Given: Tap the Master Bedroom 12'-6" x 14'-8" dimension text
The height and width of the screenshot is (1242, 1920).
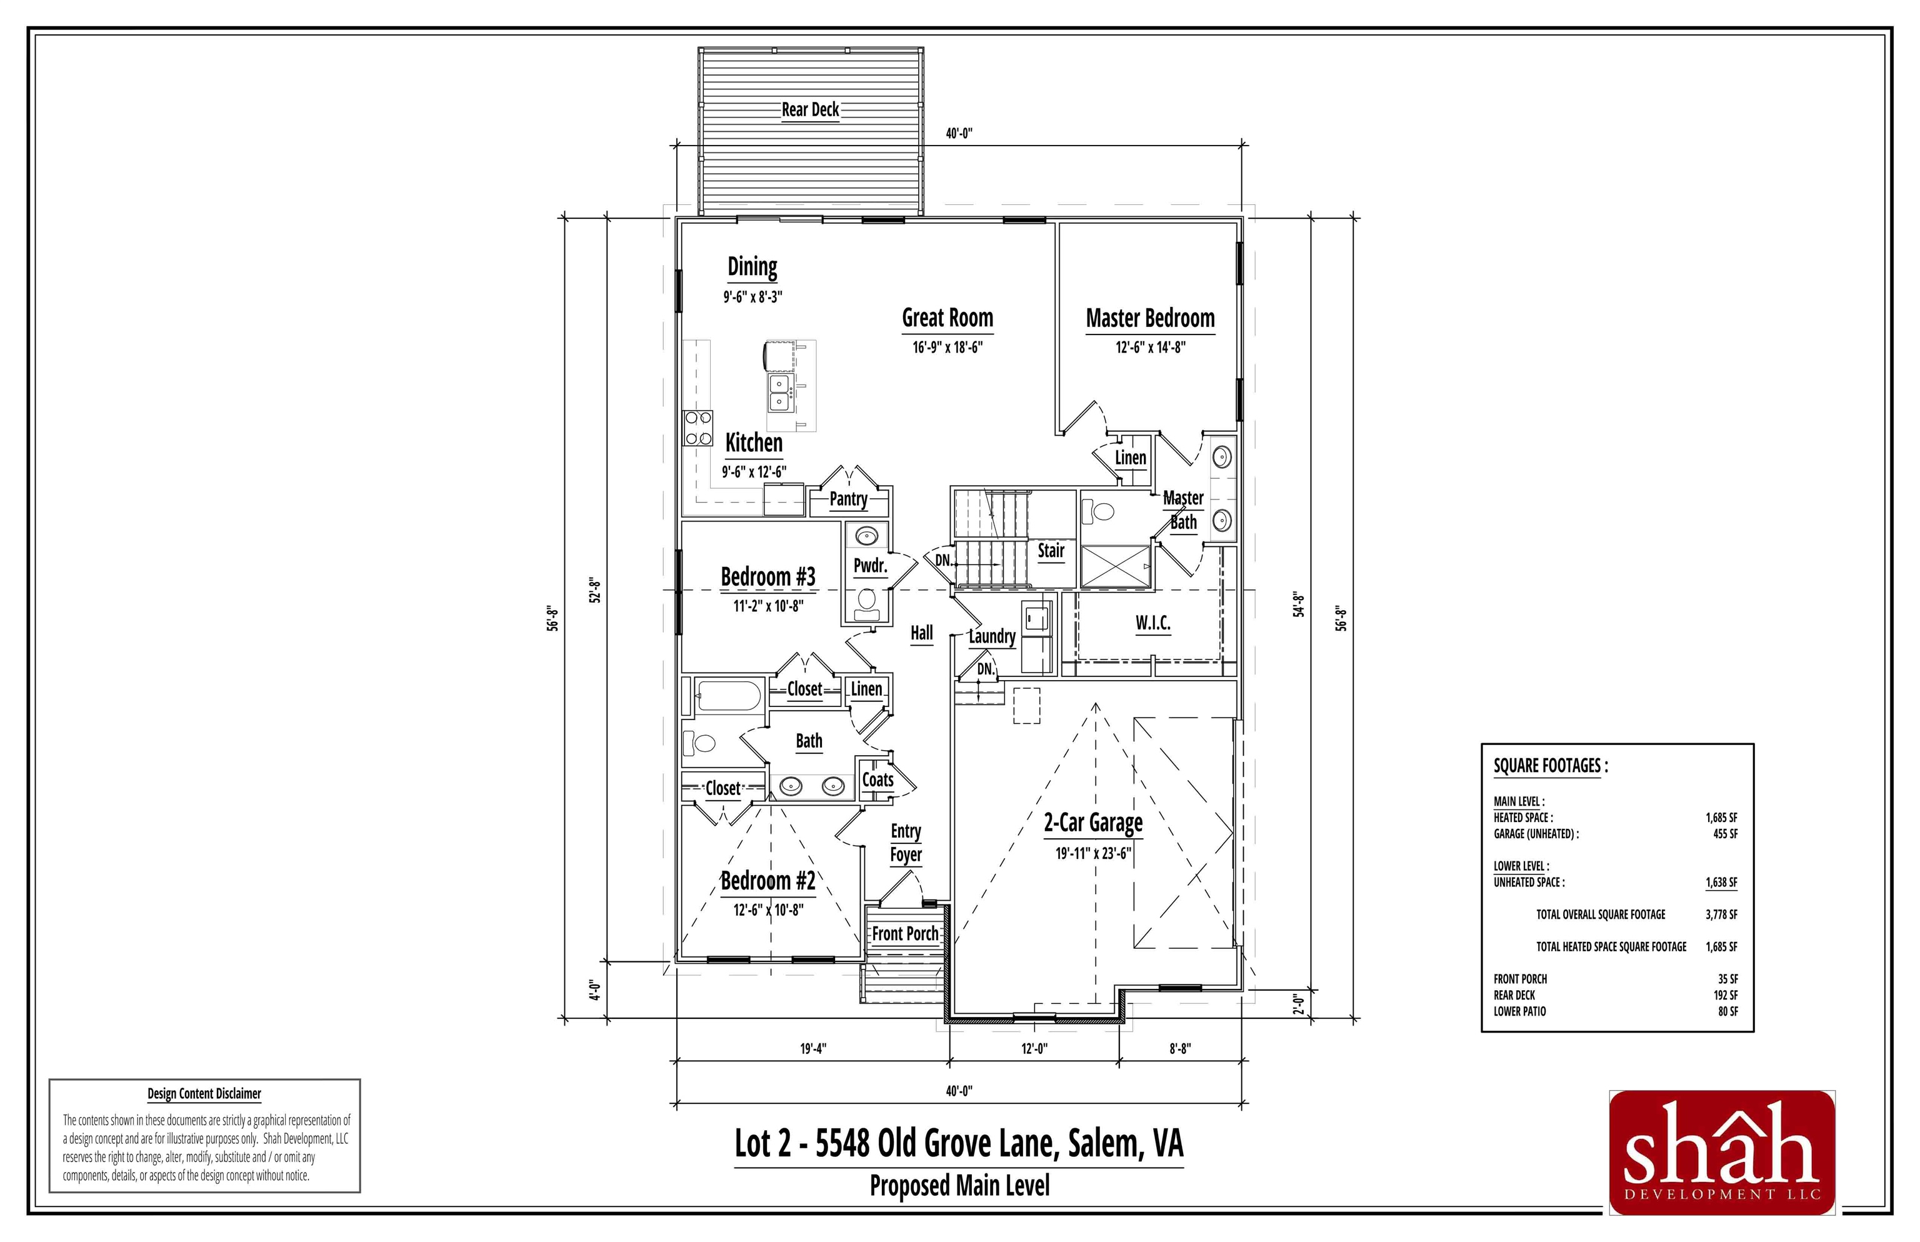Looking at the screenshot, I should point(1150,348).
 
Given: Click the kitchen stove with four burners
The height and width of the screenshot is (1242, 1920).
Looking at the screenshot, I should point(698,428).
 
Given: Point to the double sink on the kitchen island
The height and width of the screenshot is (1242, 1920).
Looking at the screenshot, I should point(779,392).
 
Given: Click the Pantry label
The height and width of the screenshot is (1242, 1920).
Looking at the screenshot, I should point(848,499).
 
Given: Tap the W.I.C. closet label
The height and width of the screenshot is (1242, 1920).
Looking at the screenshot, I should point(1152,623).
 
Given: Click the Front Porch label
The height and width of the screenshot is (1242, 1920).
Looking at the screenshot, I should point(905,934).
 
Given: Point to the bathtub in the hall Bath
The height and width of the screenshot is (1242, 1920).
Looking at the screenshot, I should point(729,696).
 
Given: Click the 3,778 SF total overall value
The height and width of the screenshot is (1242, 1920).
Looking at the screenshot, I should point(1721,914).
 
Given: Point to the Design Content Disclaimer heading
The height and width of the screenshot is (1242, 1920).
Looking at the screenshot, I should point(204,1094).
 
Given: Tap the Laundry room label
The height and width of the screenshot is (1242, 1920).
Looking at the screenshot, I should point(992,636).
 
